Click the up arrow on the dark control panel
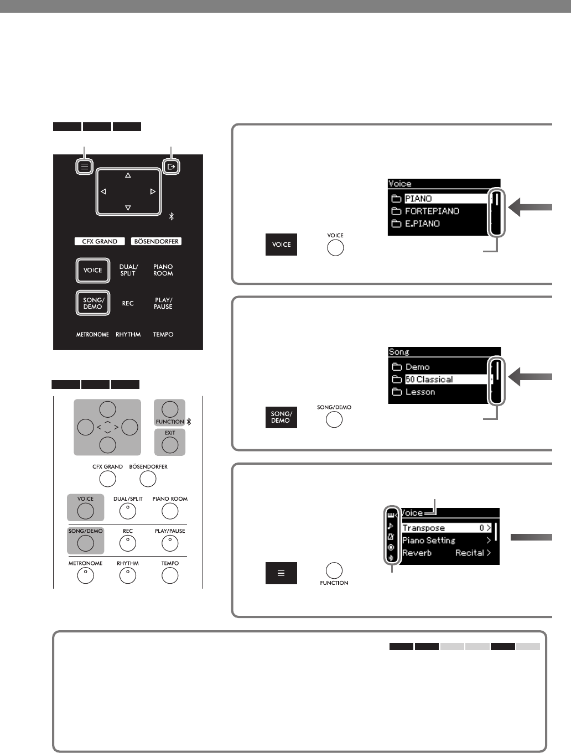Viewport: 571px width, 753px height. (128, 175)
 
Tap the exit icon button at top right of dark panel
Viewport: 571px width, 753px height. (171, 166)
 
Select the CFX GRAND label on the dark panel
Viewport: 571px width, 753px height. (100, 241)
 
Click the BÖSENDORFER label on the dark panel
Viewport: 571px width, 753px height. (157, 241)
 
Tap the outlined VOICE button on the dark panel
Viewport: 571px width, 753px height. (93, 270)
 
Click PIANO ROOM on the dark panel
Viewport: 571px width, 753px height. (163, 270)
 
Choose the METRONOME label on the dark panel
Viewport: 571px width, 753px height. (92, 335)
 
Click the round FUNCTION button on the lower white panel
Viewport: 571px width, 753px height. (170, 409)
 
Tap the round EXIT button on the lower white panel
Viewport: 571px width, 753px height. (170, 444)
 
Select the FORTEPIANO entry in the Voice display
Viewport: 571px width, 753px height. (432, 211)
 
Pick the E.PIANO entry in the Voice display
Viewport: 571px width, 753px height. (422, 224)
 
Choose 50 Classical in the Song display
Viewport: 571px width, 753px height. (429, 380)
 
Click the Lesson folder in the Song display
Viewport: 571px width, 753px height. (420, 392)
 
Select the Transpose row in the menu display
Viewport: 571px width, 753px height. (446, 528)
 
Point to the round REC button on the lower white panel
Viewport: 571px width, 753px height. (128, 544)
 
